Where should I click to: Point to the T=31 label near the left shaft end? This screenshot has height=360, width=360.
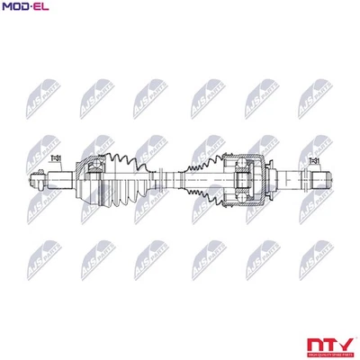pyautogui.click(x=56, y=159)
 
